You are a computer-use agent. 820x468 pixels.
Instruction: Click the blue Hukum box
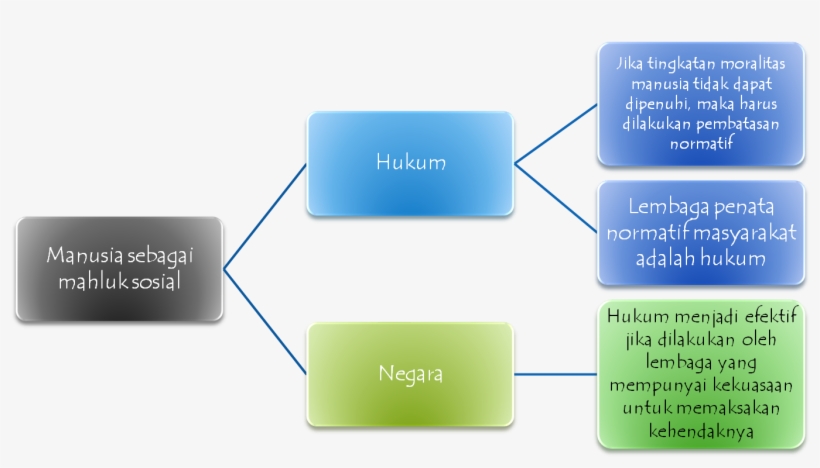click(x=410, y=163)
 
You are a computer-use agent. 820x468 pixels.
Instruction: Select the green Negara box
click(x=410, y=374)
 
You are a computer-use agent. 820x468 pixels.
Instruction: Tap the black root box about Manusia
click(x=119, y=269)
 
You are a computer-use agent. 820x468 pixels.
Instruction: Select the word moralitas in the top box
click(x=743, y=65)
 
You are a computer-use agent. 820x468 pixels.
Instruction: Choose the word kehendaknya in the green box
click(x=700, y=432)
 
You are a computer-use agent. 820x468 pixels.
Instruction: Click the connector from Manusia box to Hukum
click(x=265, y=216)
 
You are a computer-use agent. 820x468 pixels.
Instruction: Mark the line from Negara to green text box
click(x=555, y=375)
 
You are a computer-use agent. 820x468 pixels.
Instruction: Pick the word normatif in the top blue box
click(x=700, y=143)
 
